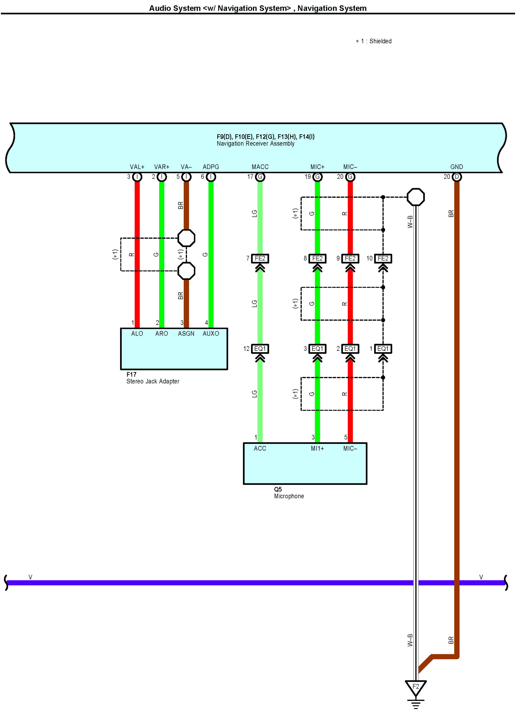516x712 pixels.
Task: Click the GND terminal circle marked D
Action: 457,177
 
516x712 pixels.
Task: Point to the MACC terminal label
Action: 260,167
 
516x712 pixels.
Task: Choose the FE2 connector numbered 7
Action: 260,258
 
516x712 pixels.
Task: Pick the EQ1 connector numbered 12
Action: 260,349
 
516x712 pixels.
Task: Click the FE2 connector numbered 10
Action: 383,258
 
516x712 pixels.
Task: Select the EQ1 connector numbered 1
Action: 383,349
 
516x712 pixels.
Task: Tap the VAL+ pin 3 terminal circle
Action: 137,177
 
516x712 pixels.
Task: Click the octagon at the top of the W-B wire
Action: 416,197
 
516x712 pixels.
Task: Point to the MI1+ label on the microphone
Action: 317,449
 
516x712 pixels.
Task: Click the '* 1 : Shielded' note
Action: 374,41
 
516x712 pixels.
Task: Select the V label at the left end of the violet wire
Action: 30,577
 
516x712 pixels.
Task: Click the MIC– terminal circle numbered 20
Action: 350,177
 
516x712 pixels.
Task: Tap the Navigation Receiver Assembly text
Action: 255,144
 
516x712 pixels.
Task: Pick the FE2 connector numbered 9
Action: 350,258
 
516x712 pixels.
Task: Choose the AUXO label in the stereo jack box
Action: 211,334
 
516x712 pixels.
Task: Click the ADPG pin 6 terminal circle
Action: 211,177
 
